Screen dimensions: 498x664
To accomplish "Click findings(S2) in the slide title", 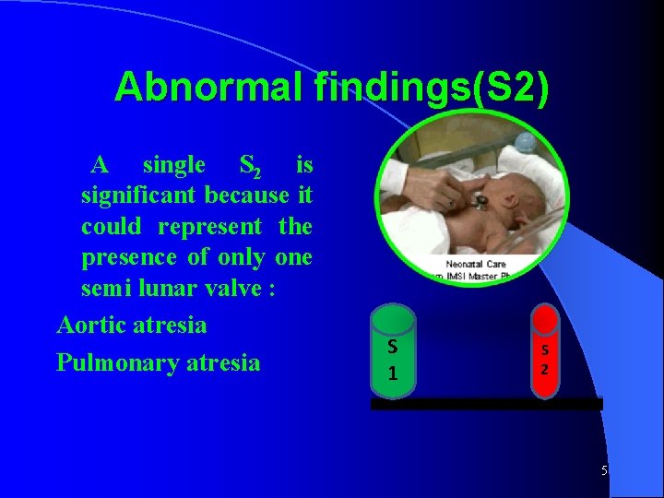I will [x=432, y=88].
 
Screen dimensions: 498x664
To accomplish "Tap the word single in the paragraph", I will [x=174, y=165].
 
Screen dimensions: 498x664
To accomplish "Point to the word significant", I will [x=139, y=196].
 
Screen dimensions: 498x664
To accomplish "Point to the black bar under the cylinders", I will [x=486, y=404].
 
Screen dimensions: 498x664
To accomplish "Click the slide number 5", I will [x=604, y=471].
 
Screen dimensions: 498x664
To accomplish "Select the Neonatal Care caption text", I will [x=476, y=265].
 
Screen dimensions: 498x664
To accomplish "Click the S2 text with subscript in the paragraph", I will [x=249, y=167].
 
